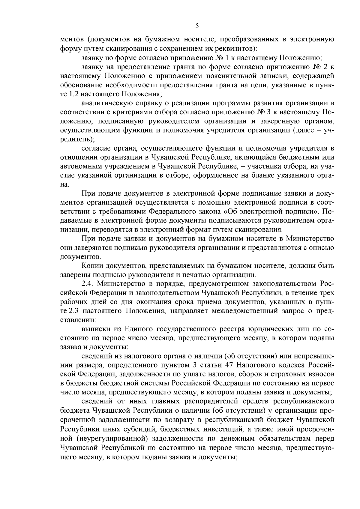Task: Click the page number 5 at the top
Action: point(197,26)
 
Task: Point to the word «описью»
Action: point(321,248)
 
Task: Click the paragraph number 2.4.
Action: point(87,284)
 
